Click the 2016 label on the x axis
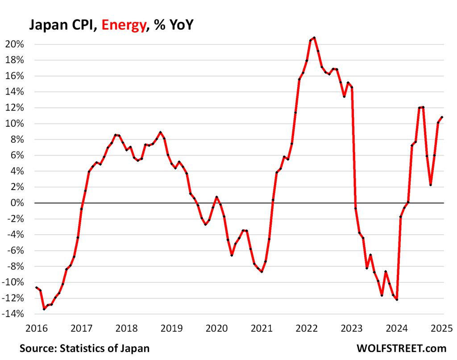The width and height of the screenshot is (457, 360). [36, 328]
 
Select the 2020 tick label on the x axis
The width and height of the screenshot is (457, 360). [216, 328]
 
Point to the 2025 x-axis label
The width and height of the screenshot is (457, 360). [442, 328]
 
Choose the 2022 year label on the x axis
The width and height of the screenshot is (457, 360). [307, 328]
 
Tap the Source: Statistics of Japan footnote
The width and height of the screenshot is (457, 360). [84, 348]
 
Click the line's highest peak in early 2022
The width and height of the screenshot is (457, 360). [314, 37]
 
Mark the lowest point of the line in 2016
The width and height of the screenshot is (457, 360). [44, 309]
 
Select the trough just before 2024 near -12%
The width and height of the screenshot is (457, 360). [397, 300]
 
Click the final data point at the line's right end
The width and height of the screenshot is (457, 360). [442, 117]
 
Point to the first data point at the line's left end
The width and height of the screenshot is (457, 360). [37, 288]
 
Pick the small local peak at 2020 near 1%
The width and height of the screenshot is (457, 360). [216, 197]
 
